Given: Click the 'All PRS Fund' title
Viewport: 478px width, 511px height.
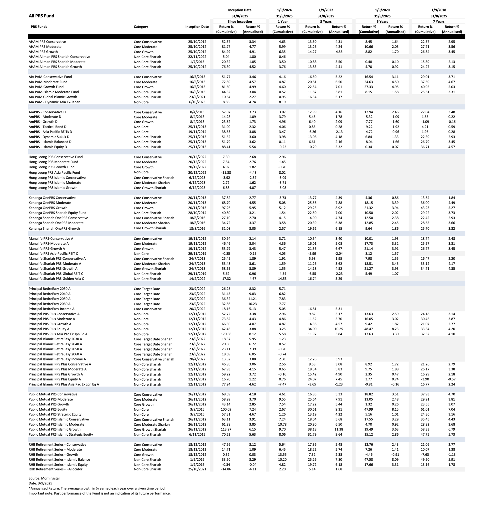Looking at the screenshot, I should [41, 16].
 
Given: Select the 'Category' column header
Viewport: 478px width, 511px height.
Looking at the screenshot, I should [141, 27].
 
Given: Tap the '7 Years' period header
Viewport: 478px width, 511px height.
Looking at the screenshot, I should [438, 22].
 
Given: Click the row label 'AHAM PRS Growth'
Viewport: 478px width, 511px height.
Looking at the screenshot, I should [43, 52].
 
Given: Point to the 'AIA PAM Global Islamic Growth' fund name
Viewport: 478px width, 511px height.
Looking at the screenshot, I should [53, 97].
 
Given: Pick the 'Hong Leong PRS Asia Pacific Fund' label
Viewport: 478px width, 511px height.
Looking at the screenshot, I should [54, 172].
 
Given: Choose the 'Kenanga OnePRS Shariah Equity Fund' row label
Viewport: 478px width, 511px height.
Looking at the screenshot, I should [57, 213].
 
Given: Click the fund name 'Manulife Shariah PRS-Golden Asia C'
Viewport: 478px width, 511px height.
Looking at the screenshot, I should [56, 279].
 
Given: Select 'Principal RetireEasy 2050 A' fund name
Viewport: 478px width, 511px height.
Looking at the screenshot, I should [49, 299].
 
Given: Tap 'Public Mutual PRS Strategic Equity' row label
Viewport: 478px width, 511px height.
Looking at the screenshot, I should [55, 414].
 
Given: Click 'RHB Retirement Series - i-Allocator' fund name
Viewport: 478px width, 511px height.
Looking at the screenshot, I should [56, 469].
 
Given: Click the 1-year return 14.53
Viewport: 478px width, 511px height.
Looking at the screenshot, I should [282, 279].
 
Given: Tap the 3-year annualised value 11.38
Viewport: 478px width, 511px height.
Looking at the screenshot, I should [339, 429].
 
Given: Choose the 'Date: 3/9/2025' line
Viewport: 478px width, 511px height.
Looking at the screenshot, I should [40, 483].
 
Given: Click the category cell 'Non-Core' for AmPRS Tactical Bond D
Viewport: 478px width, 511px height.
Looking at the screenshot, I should [141, 127].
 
